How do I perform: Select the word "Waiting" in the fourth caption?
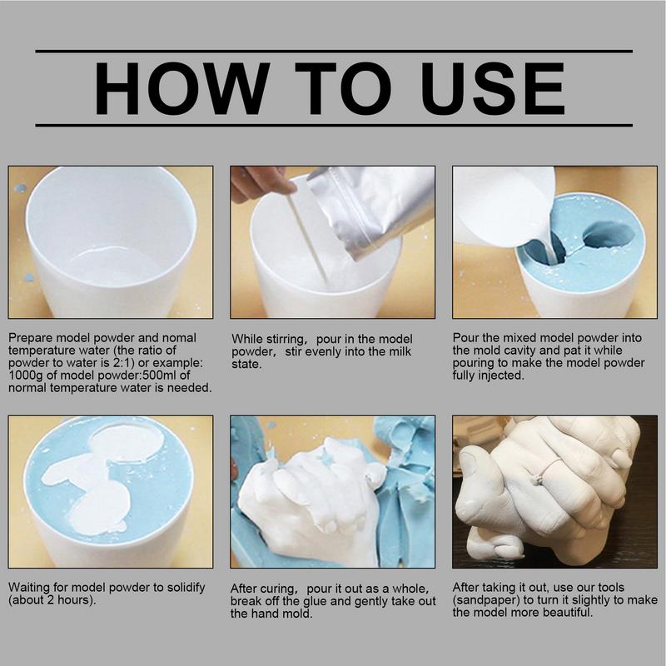29,588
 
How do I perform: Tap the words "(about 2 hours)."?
49,600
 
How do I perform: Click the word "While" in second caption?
247,339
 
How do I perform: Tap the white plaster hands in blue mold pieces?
308,491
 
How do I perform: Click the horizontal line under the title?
333,126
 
